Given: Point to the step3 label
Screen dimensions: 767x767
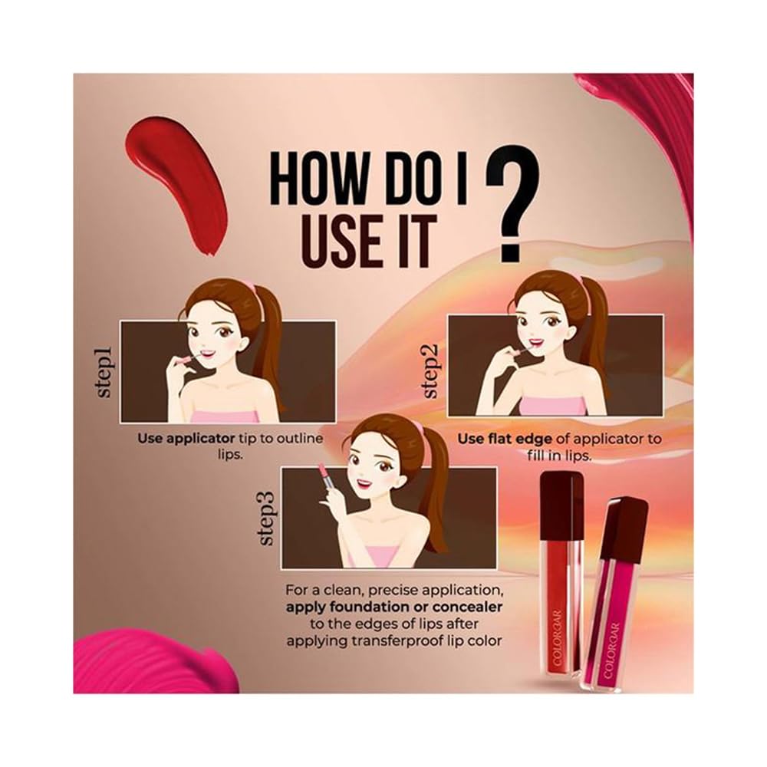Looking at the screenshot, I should pyautogui.click(x=266, y=518).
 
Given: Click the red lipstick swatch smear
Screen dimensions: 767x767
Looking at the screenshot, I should pyautogui.click(x=178, y=182).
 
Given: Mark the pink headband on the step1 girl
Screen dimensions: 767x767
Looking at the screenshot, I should pyautogui.click(x=249, y=288).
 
